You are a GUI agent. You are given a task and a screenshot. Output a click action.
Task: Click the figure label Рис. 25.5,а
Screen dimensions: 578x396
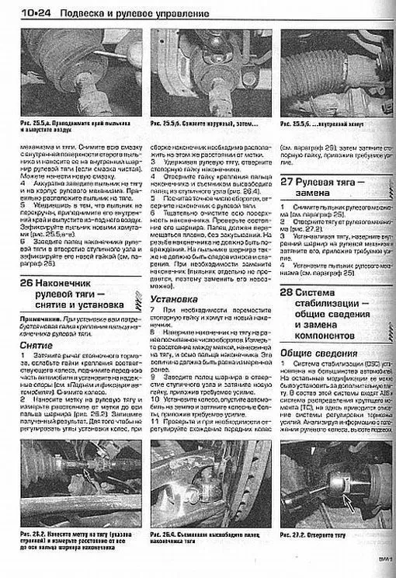click(x=31, y=124)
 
